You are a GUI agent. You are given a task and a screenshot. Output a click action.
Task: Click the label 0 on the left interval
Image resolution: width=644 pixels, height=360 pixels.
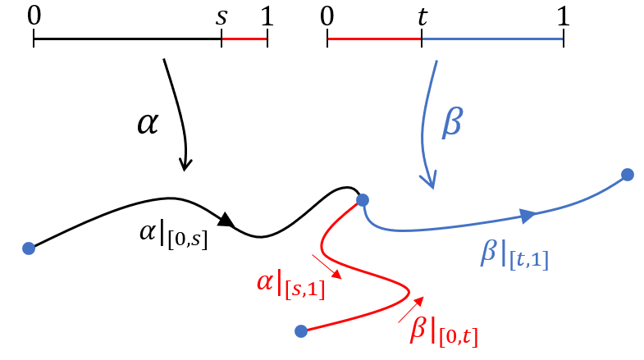click(33, 14)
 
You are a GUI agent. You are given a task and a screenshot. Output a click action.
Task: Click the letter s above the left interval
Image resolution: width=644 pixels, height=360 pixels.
click(222, 16)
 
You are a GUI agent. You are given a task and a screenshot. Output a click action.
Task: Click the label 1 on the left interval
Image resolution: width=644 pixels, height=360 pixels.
click(267, 14)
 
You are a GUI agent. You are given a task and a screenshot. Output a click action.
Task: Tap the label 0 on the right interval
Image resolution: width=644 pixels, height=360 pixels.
click(327, 14)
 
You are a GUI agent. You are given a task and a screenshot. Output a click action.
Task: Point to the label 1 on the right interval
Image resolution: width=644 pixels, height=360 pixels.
click(563, 14)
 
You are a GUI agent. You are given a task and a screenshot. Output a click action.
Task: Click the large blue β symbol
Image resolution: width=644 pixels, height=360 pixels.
click(452, 125)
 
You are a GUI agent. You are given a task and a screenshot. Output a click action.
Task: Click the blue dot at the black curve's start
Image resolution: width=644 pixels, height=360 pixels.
click(29, 248)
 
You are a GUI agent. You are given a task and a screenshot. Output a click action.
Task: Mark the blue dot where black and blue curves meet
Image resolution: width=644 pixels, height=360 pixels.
click(363, 199)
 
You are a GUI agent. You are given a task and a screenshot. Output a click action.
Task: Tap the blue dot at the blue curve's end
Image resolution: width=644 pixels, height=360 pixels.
click(628, 174)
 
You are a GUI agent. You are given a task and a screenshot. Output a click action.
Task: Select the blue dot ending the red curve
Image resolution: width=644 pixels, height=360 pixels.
click(301, 331)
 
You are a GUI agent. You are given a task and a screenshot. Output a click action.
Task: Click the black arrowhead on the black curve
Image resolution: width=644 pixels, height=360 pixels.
click(227, 219)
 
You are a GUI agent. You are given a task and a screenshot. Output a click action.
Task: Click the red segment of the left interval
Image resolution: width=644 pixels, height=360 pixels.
click(244, 39)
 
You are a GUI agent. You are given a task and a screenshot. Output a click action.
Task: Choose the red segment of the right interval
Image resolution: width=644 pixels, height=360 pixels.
click(374, 39)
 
